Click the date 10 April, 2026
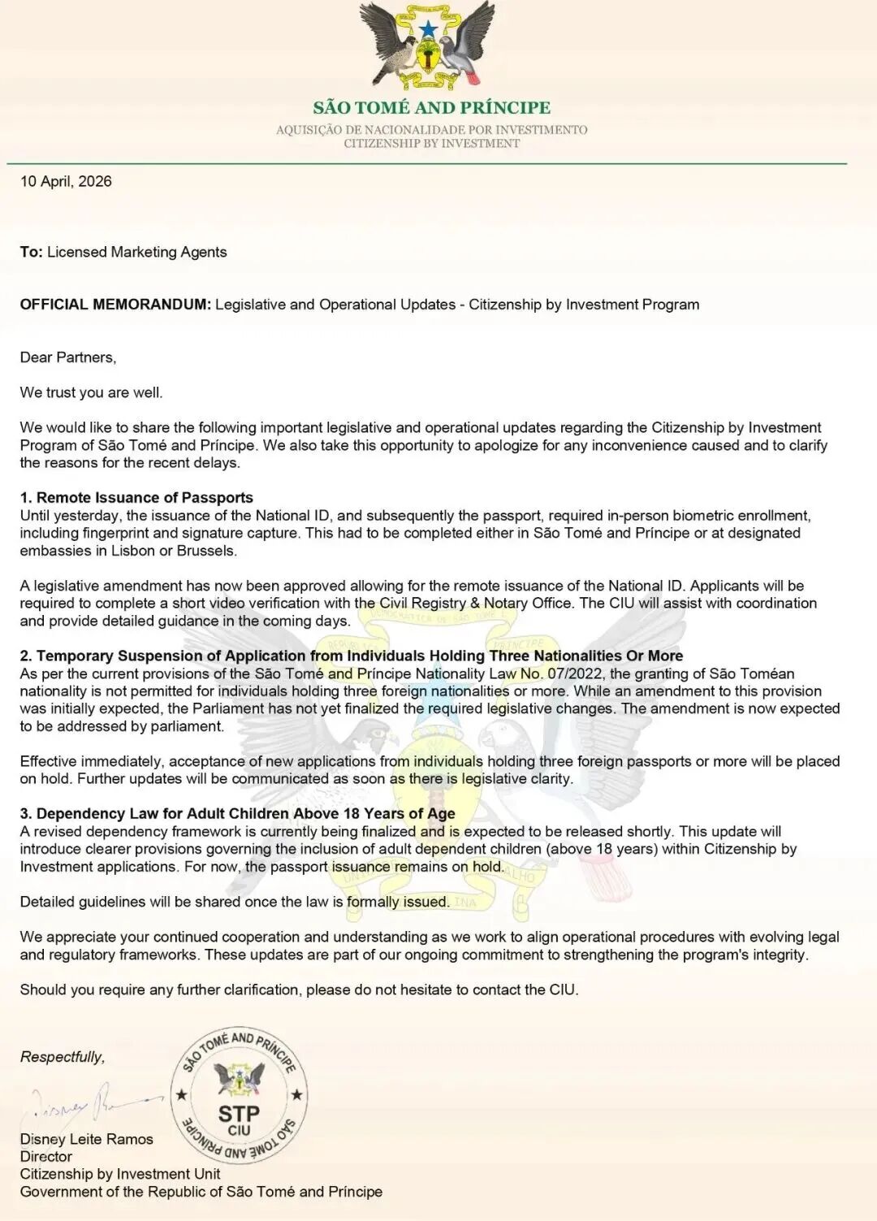(x=66, y=181)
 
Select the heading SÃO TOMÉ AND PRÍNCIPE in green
(x=431, y=107)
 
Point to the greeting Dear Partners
(x=68, y=357)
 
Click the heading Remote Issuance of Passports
(x=145, y=498)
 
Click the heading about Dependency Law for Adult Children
(x=245, y=814)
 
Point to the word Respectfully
(x=63, y=1057)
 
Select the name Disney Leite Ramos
(x=87, y=1139)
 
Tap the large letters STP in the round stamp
(x=239, y=1114)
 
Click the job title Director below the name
(x=46, y=1156)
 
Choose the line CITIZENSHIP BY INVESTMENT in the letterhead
(x=431, y=144)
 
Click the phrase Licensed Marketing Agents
(x=136, y=252)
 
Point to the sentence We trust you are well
(x=91, y=392)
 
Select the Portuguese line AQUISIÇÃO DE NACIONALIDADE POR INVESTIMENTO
(x=431, y=130)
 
